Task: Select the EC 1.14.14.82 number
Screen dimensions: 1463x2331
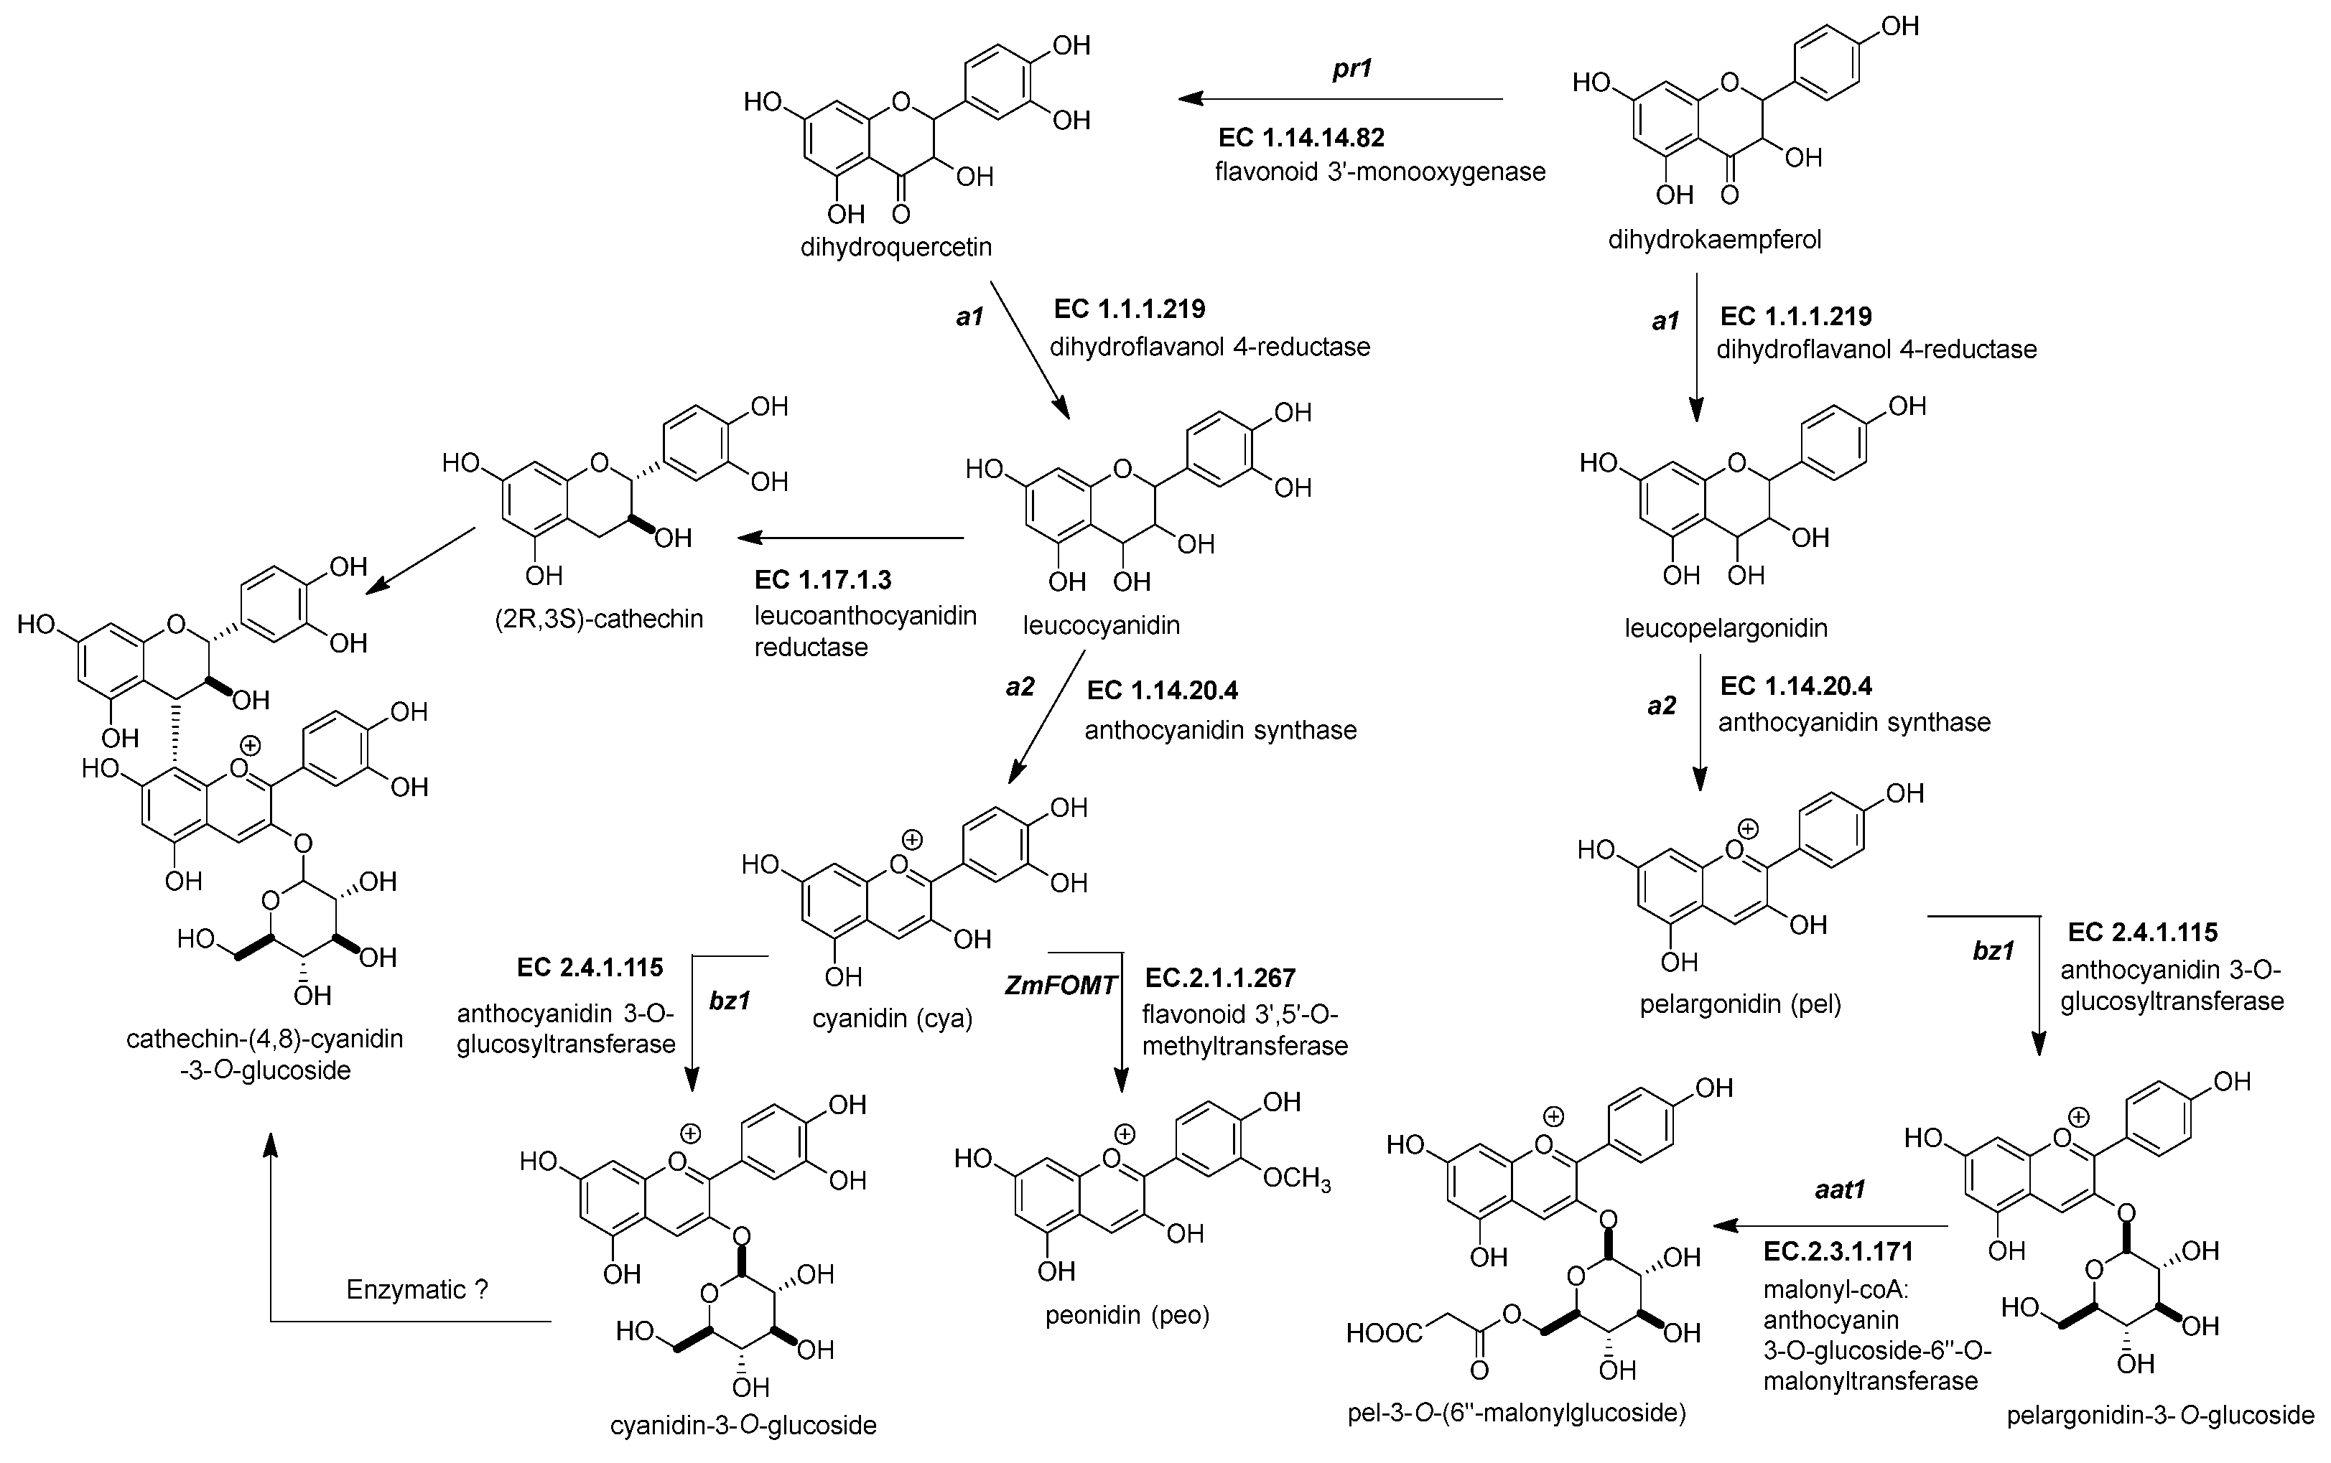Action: click(1301, 137)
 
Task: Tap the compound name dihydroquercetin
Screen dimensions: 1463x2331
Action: click(896, 247)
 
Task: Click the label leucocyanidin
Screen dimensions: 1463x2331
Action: click(1101, 625)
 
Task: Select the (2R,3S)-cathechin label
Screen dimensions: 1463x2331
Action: click(599, 618)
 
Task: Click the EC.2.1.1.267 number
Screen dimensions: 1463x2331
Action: click(1219, 978)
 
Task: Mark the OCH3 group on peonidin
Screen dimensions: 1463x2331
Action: click(1297, 1179)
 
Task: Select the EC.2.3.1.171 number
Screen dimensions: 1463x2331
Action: click(1838, 1252)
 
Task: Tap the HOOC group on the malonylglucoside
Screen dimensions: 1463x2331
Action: click(1385, 1335)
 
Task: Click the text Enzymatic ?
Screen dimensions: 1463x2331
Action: click(417, 1290)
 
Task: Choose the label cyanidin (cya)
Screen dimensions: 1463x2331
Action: click(892, 1018)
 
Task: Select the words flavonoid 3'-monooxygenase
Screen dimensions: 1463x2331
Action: click(1379, 172)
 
